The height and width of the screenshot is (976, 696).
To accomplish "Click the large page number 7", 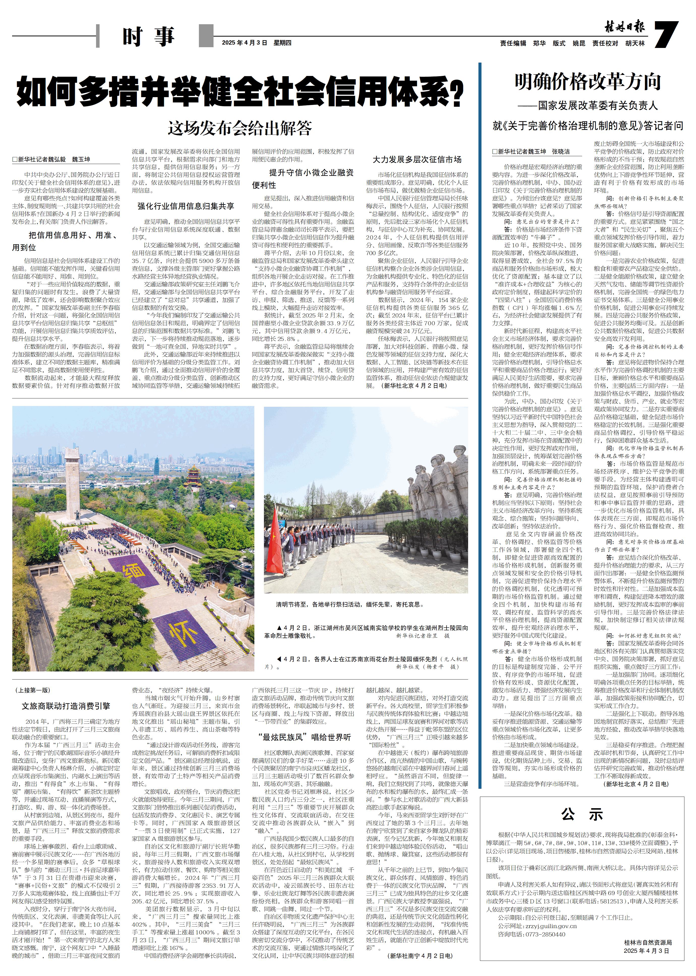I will pyautogui.click(x=667, y=34).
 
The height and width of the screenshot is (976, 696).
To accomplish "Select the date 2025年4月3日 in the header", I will pyautogui.click(x=244, y=43).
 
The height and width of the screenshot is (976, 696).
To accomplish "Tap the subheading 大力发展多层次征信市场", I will pyautogui.click(x=417, y=159).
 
